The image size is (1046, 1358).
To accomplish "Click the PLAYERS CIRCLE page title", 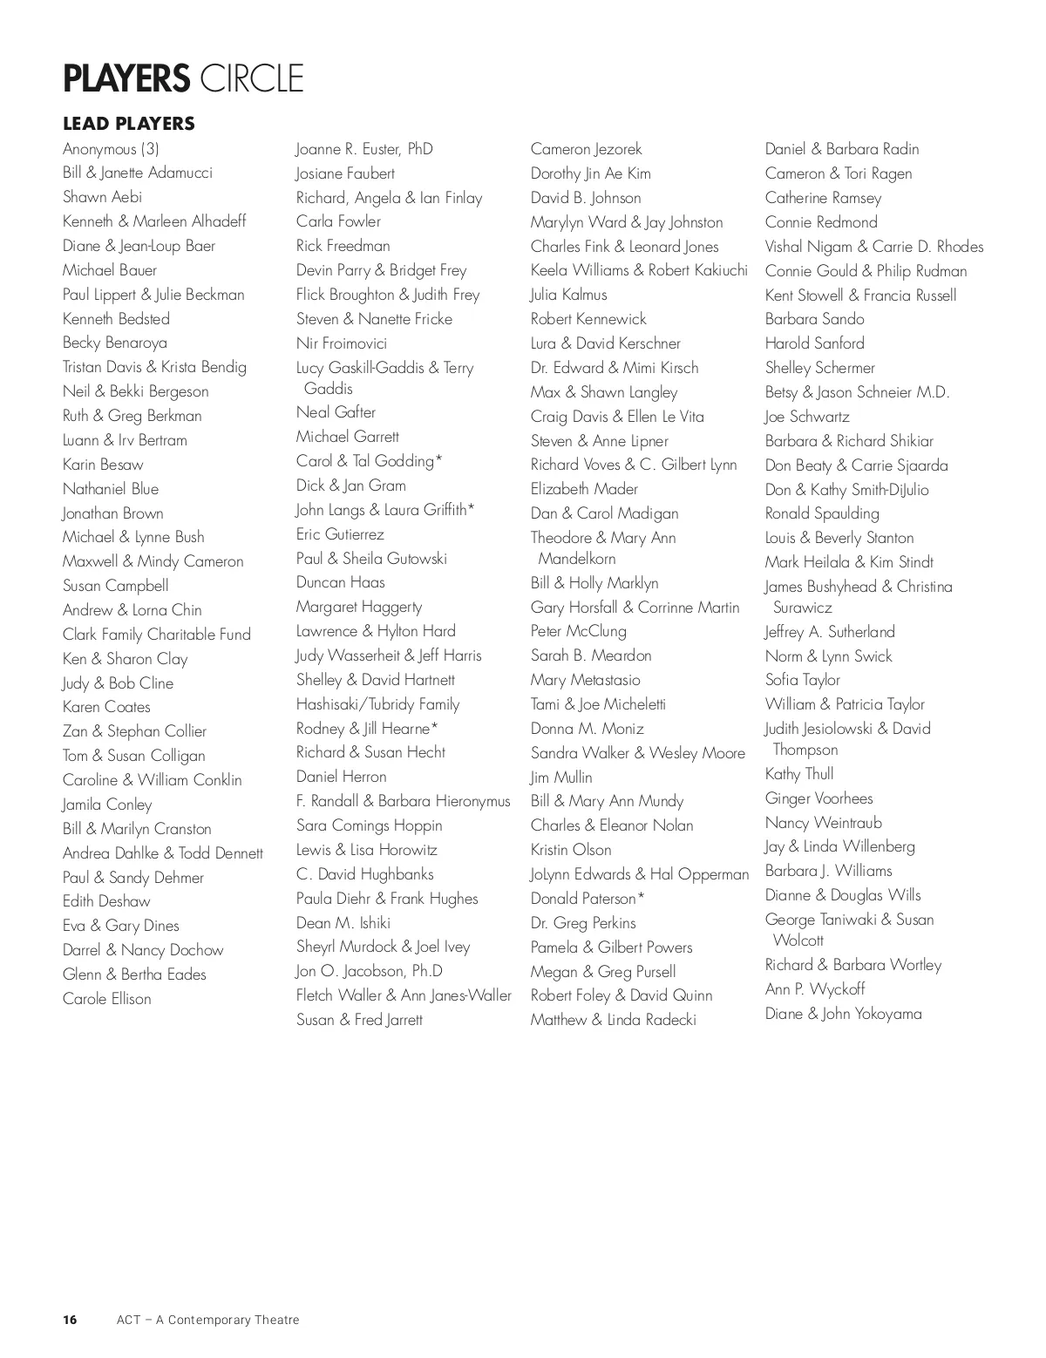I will (x=183, y=78).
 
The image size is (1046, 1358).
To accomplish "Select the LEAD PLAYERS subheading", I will (x=129, y=124).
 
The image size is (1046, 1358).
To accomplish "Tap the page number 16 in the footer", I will (x=70, y=1320).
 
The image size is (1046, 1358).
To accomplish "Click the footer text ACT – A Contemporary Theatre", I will (x=207, y=1320).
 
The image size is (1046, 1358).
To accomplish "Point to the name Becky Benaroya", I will (x=115, y=343).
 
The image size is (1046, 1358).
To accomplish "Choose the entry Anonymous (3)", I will (x=111, y=149).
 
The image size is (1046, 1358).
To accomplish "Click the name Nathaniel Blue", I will (x=111, y=489).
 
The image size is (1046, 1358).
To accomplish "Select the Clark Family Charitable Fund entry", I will (x=157, y=635).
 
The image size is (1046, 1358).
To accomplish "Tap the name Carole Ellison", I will (x=107, y=999).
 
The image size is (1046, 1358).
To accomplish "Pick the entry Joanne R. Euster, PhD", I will (x=364, y=149).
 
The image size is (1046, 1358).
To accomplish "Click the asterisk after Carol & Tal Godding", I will (x=439, y=458).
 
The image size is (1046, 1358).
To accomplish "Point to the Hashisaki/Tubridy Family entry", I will (x=377, y=704).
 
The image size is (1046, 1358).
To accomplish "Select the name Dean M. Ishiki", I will (x=343, y=923).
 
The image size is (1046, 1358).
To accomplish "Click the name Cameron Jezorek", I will (x=586, y=149).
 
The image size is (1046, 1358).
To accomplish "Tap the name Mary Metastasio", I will (x=585, y=680).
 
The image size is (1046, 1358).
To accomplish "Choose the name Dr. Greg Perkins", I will (x=583, y=923).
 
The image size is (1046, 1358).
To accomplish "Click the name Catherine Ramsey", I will (x=823, y=198).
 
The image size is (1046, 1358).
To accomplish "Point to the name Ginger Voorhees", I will (x=818, y=798).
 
